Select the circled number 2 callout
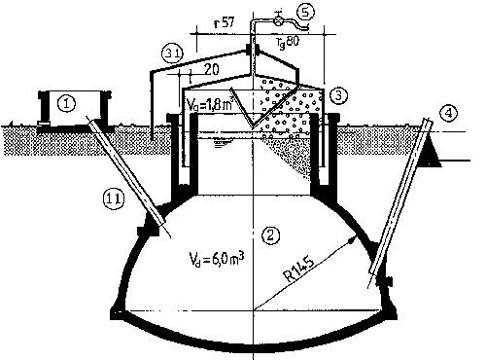point(271,234)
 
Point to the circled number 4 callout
point(448,114)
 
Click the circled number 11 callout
point(113,198)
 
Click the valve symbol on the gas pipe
point(278,18)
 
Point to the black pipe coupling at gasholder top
point(253,49)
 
